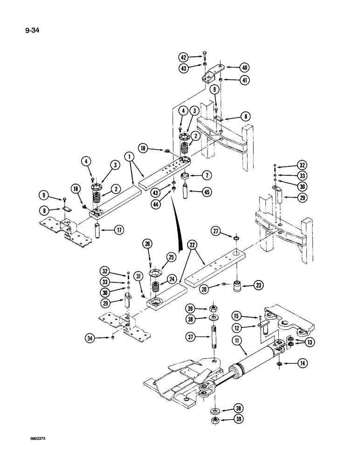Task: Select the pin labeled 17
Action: tap(98, 230)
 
